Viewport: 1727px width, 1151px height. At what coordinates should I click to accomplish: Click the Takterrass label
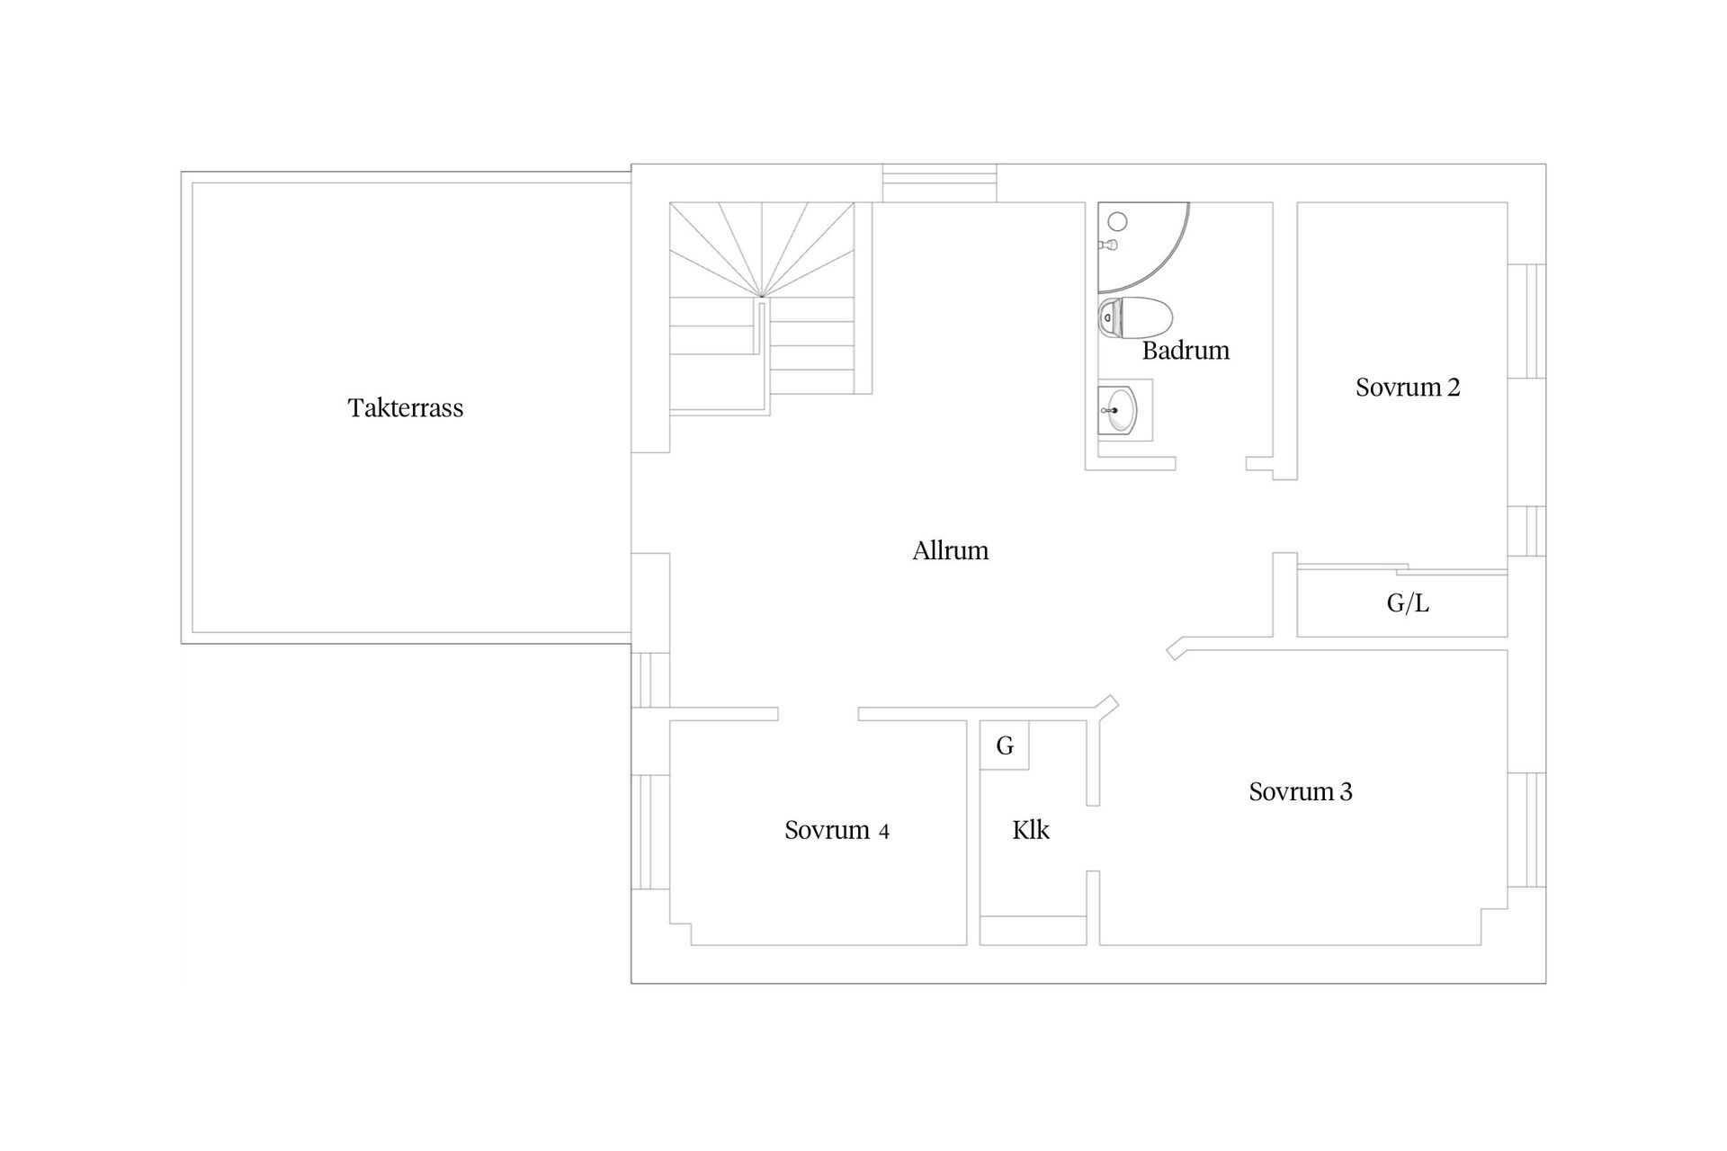click(x=406, y=408)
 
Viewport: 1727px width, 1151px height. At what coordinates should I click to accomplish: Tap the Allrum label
click(x=951, y=550)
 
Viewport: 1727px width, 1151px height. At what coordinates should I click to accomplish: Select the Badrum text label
click(x=1186, y=350)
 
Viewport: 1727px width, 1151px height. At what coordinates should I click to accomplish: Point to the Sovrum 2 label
click(x=1408, y=388)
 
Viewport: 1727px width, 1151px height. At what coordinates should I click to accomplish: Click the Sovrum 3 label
click(x=1301, y=791)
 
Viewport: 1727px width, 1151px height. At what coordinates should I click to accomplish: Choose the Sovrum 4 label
click(x=837, y=830)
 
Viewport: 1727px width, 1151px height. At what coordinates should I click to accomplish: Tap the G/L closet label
click(x=1408, y=603)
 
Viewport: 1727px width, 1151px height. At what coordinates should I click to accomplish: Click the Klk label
click(x=1031, y=830)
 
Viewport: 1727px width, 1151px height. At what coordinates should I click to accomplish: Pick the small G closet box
click(x=1005, y=745)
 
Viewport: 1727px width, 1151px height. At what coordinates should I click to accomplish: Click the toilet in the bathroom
click(x=1135, y=317)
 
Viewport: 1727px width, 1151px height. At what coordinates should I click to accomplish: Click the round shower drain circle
click(x=1118, y=221)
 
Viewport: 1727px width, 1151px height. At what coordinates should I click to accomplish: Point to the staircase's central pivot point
click(x=762, y=296)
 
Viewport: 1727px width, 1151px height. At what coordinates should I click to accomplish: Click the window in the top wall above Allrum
click(x=939, y=183)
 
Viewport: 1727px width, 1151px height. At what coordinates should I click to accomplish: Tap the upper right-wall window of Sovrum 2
click(x=1526, y=321)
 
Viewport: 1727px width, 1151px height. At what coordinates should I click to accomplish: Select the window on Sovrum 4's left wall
click(x=649, y=831)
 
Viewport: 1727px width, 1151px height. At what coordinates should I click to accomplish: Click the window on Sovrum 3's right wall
click(x=1526, y=830)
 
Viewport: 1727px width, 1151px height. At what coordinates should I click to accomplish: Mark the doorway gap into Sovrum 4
click(x=818, y=714)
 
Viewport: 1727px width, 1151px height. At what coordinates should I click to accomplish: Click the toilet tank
click(x=1109, y=317)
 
